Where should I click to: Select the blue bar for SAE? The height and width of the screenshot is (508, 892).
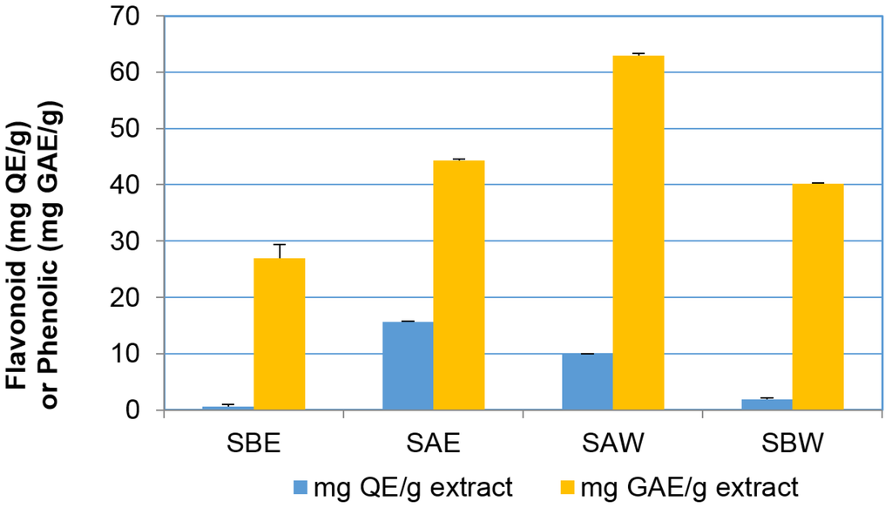click(408, 366)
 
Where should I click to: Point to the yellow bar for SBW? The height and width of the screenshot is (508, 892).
click(818, 296)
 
